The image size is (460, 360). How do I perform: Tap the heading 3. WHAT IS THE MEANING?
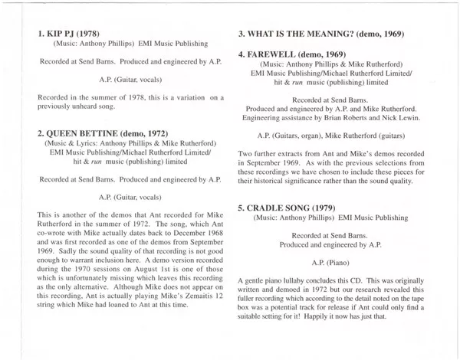pos(319,35)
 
